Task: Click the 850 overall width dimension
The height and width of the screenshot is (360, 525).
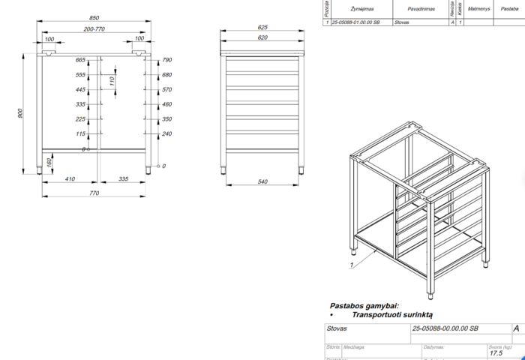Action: (94, 18)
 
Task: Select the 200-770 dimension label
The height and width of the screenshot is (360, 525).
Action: (94, 28)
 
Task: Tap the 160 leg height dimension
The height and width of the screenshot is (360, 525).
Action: (49, 161)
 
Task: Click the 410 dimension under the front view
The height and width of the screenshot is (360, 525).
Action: (69, 180)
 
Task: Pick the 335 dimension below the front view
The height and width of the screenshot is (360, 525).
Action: (124, 180)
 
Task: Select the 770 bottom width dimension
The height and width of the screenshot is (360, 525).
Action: (94, 193)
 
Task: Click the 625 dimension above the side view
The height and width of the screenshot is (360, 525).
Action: (262, 27)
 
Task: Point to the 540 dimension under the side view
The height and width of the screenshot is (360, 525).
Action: (262, 181)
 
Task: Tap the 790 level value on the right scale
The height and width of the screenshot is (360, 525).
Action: (167, 59)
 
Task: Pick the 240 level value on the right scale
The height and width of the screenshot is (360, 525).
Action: (167, 133)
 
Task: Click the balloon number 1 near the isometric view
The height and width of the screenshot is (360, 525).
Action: (351, 265)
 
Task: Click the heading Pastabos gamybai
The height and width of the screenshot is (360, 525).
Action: (364, 306)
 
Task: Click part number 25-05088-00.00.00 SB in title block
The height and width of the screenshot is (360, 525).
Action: (445, 328)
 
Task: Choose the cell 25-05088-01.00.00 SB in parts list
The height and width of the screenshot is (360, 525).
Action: (355, 22)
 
